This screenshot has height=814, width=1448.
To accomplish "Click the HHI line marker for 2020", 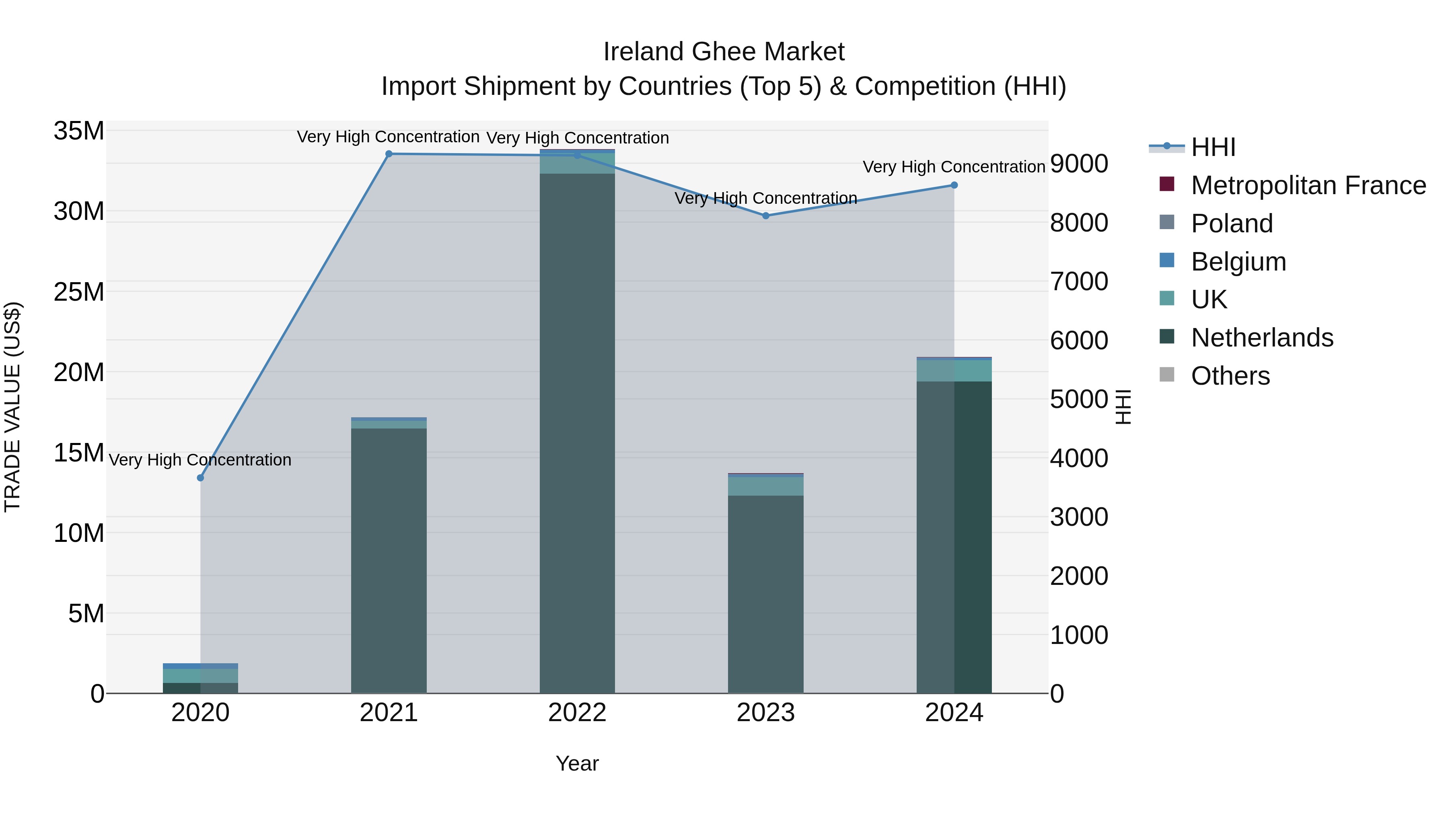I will (x=200, y=478).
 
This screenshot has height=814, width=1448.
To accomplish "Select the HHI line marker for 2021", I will (x=389, y=154).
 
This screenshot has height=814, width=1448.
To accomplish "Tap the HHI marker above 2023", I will (x=765, y=216).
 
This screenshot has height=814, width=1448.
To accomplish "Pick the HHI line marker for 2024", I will (x=954, y=185).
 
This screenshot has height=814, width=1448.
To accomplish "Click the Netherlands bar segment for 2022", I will (x=577, y=433).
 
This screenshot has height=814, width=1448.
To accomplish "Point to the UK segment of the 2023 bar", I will (x=765, y=486).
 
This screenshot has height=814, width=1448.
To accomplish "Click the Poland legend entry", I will (x=1232, y=223).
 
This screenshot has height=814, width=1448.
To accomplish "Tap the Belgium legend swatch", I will (x=1167, y=260).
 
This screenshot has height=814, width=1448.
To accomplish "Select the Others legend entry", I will (x=1230, y=376).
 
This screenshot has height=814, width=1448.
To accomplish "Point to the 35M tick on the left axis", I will (x=79, y=131).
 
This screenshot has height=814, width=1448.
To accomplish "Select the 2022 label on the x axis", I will (x=577, y=713).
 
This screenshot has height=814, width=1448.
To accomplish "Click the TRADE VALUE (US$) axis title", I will (x=12, y=407).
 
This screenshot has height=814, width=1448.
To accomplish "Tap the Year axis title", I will (x=577, y=763).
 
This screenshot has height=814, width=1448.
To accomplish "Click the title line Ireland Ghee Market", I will (x=724, y=52).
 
